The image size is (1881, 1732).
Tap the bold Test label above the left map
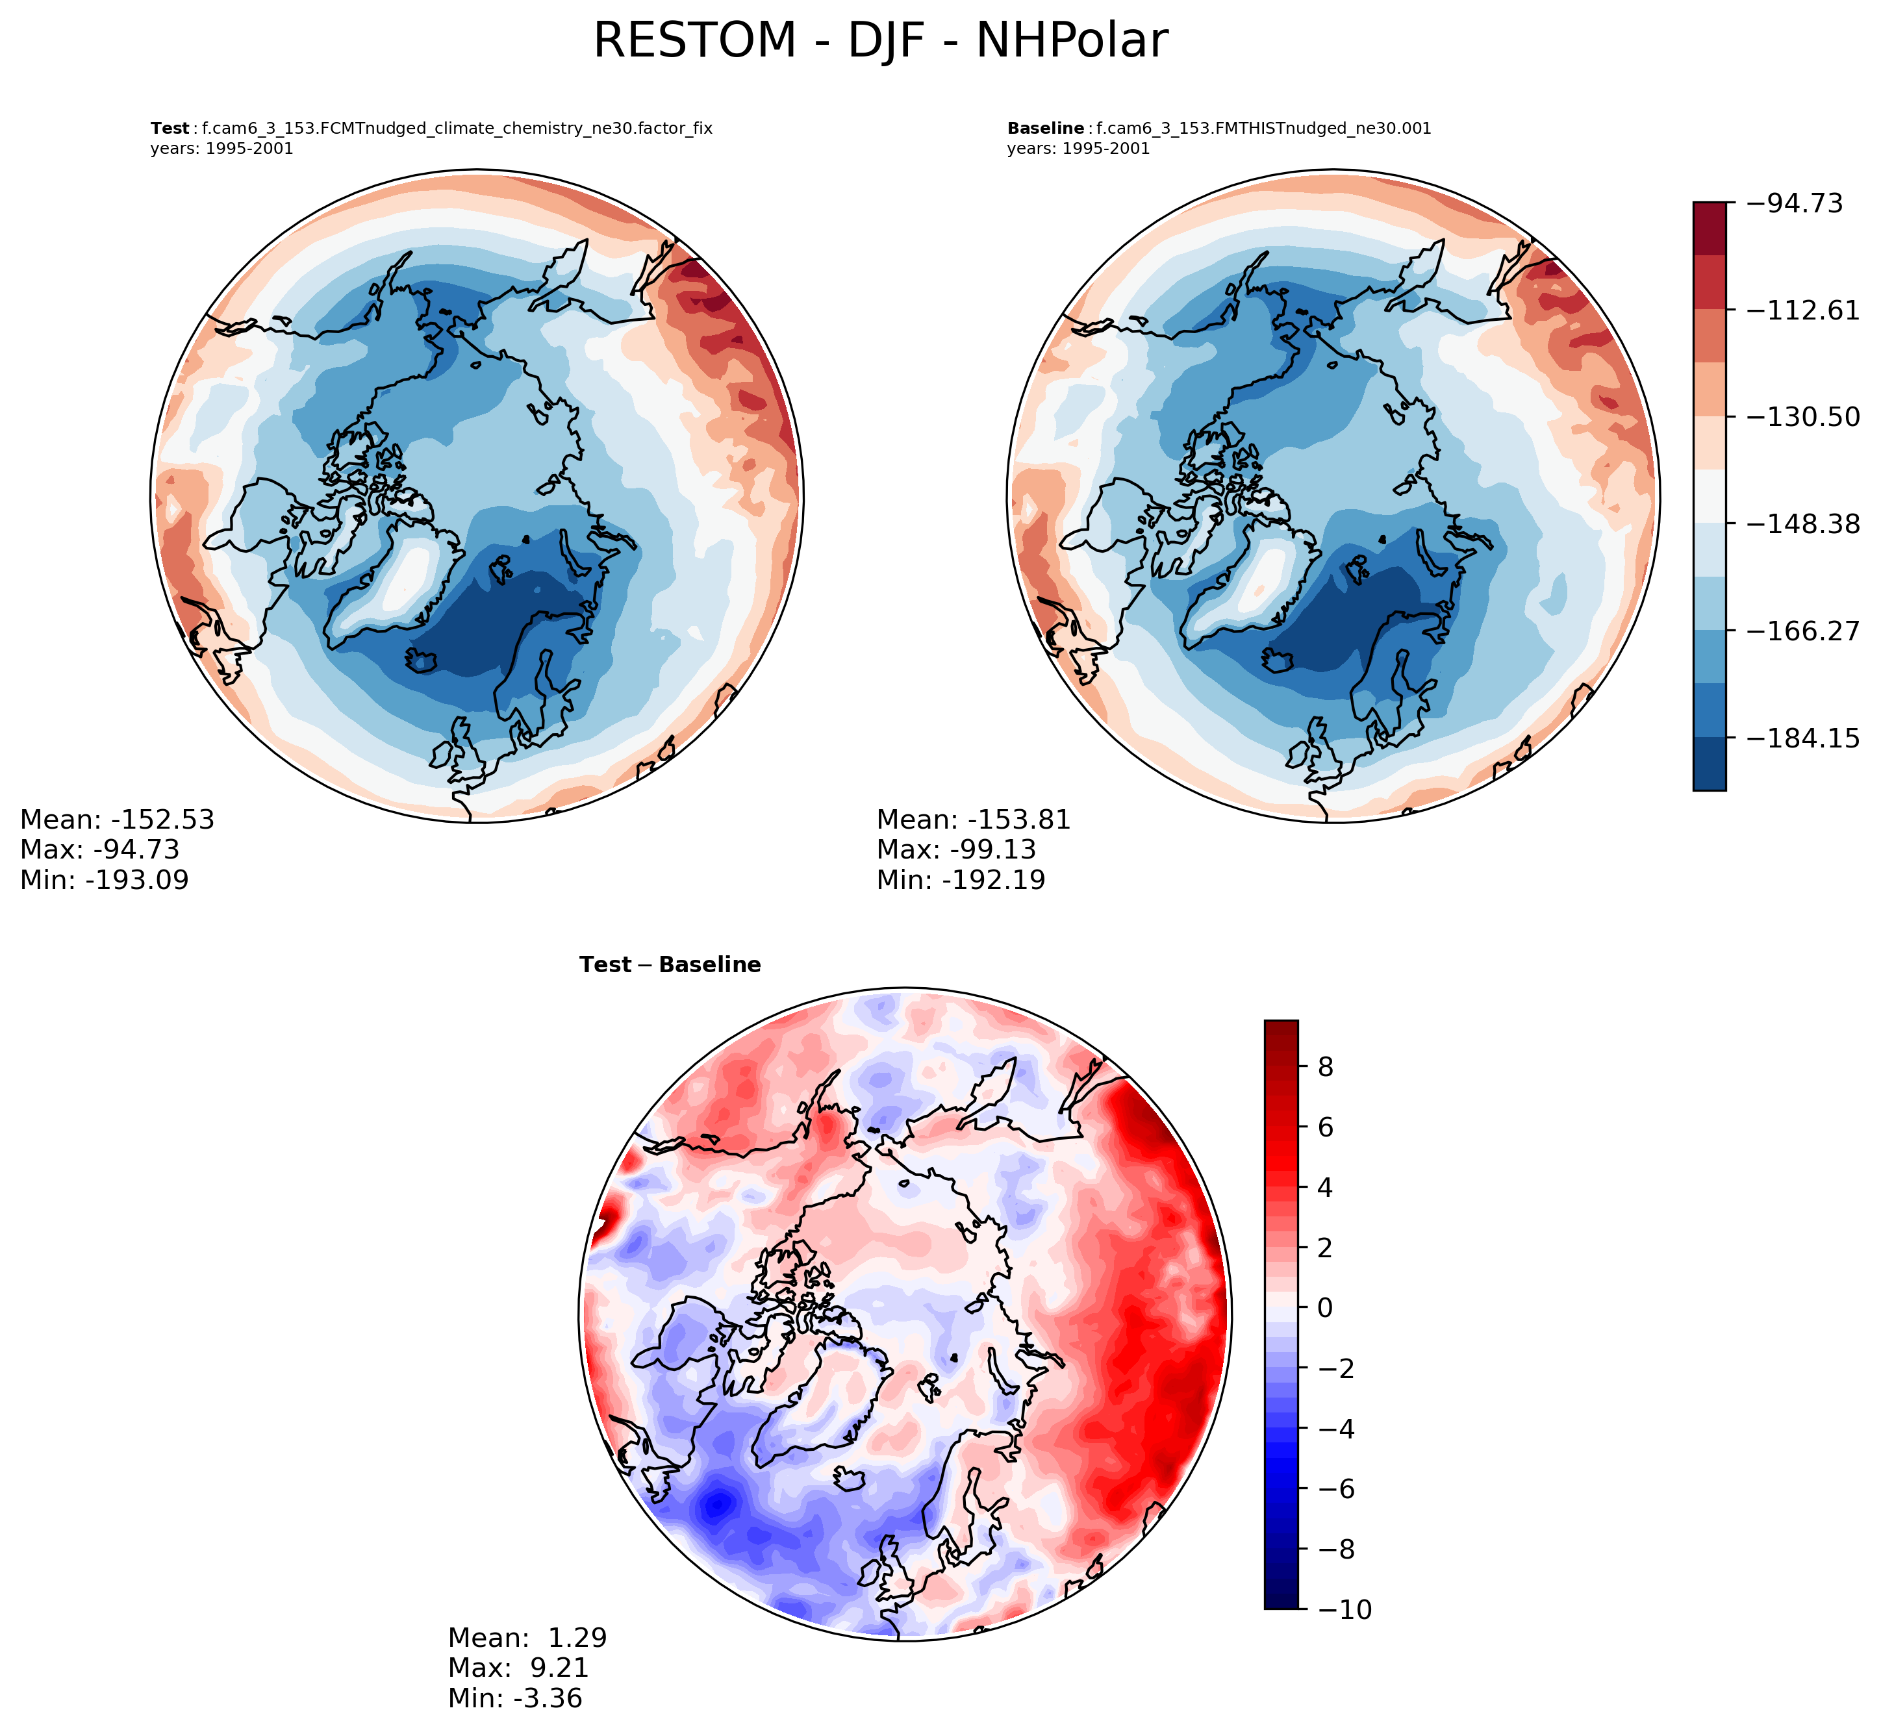pyautogui.click(x=170, y=129)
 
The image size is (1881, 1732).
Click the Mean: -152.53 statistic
pyautogui.click(x=117, y=820)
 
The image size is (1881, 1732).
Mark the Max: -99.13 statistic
pyautogui.click(x=956, y=850)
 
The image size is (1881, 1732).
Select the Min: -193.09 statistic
pyautogui.click(x=104, y=880)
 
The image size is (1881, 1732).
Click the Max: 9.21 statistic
pyautogui.click(x=518, y=1668)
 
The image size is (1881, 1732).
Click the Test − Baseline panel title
pyautogui.click(x=670, y=965)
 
